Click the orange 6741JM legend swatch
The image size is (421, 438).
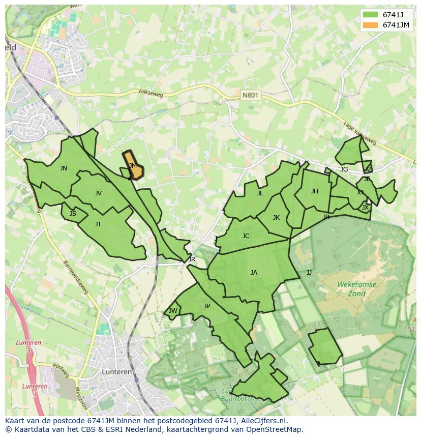pyautogui.click(x=371, y=25)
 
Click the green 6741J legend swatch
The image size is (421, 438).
pyautogui.click(x=371, y=14)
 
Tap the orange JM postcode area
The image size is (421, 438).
pyautogui.click(x=134, y=166)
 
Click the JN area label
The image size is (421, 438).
pyautogui.click(x=63, y=168)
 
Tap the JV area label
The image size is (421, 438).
pyautogui.click(x=98, y=193)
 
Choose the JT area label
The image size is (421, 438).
pyautogui.click(x=98, y=224)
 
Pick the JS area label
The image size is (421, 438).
pyautogui.click(x=73, y=213)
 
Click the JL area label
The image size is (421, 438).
pyautogui.click(x=260, y=193)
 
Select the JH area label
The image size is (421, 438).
pyautogui.click(x=314, y=191)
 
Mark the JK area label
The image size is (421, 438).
pyautogui.click(x=276, y=217)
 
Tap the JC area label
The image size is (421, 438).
pyautogui.click(x=246, y=236)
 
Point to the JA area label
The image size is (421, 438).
pyautogui.click(x=254, y=272)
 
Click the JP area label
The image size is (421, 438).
pyautogui.click(x=206, y=306)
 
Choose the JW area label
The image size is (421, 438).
pyautogui.click(x=173, y=311)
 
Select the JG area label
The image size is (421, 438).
pyautogui.click(x=344, y=169)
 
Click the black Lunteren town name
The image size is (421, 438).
pyautogui.click(x=116, y=372)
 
